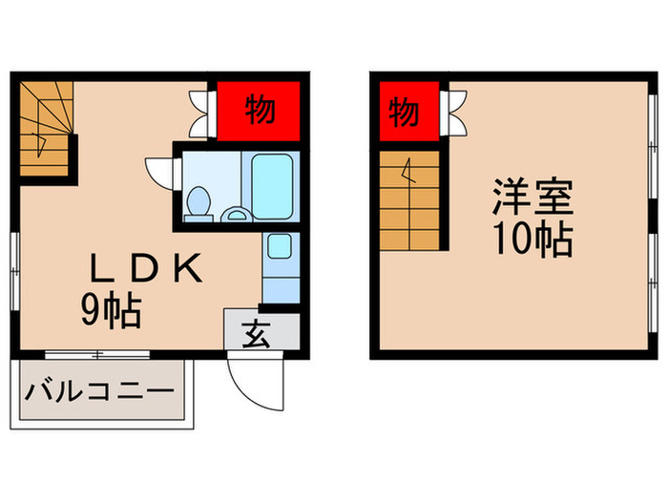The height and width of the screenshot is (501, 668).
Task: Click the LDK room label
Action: [x=146, y=271]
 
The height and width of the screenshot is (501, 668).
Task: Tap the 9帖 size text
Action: [x=111, y=311]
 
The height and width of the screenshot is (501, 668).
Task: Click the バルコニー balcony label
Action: [x=99, y=391]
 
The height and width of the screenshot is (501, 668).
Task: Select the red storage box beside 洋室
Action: [x=406, y=112]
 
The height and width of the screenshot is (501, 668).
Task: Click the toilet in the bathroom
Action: [x=198, y=201]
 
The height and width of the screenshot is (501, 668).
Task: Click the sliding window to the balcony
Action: [x=100, y=355]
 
